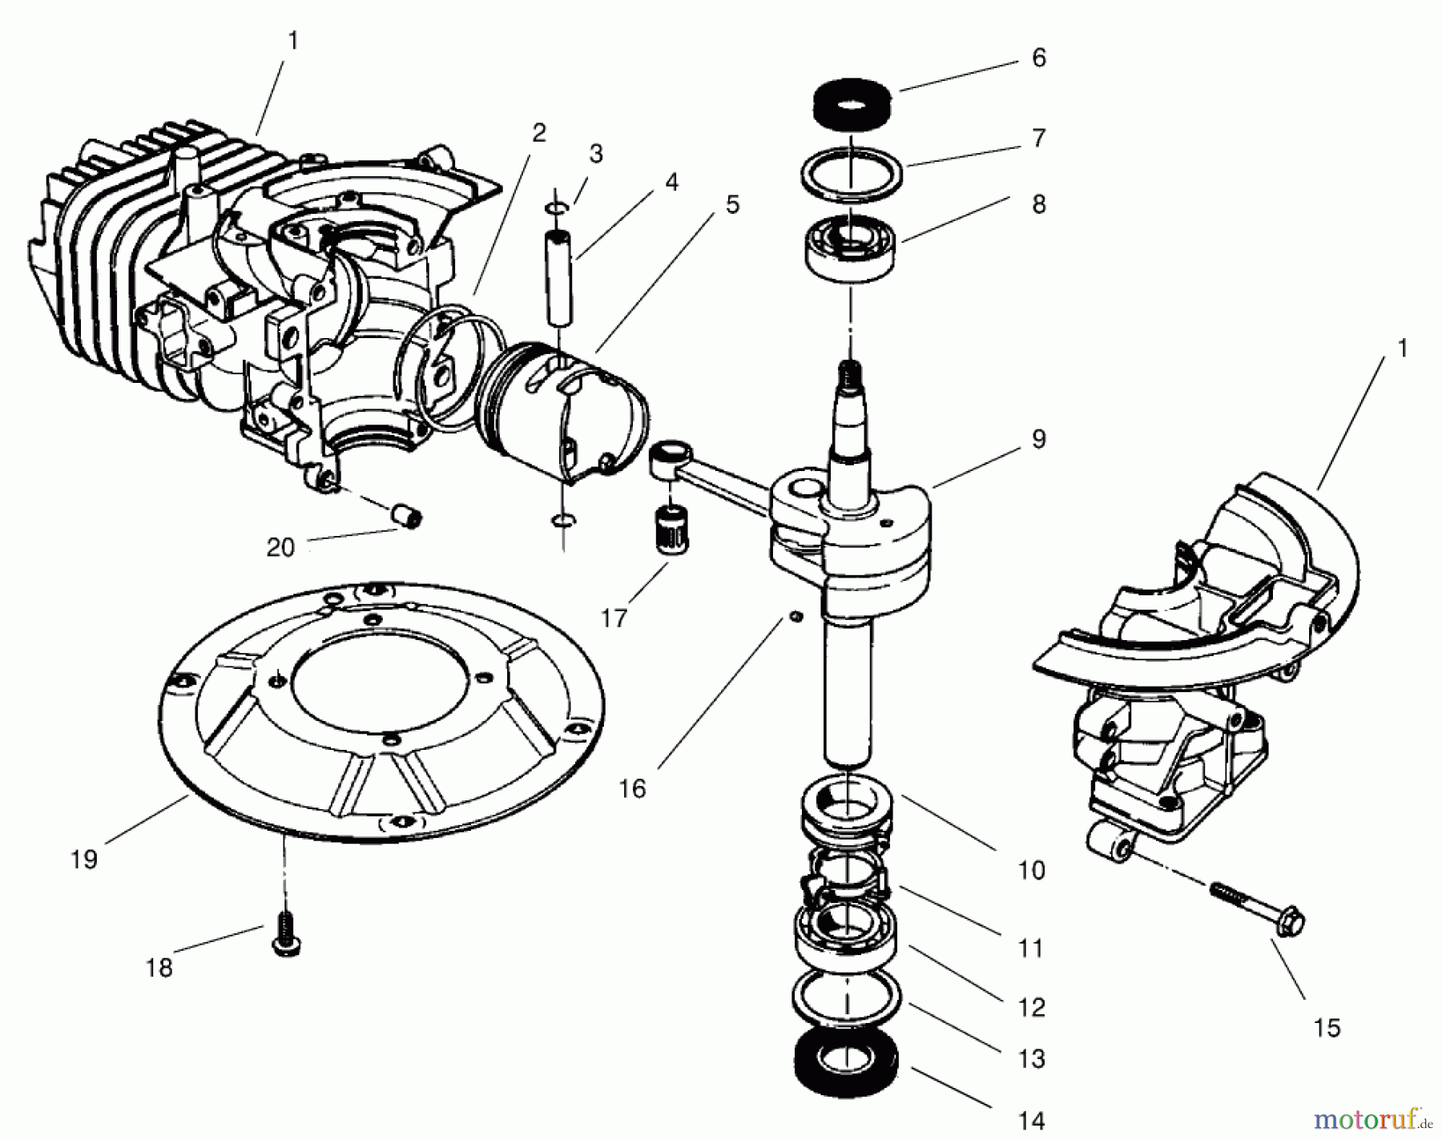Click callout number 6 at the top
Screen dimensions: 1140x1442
coord(1038,58)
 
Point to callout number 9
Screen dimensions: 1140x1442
coord(1038,439)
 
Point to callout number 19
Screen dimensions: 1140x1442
coord(83,860)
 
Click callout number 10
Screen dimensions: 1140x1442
coord(1031,870)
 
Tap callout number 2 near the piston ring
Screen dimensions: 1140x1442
coord(538,132)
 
